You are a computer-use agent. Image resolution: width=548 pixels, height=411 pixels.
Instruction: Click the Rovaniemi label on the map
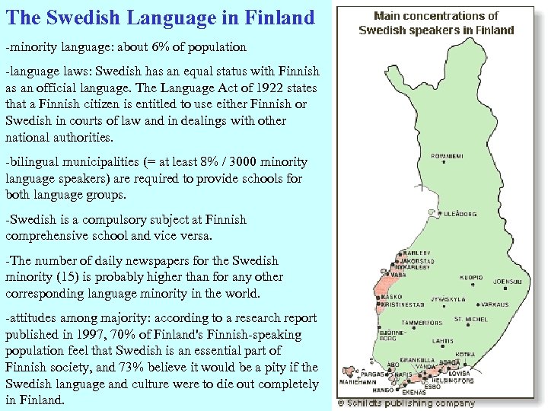(448, 156)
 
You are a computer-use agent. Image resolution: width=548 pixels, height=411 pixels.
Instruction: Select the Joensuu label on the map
(508, 282)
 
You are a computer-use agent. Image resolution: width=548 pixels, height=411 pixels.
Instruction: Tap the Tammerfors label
(422, 323)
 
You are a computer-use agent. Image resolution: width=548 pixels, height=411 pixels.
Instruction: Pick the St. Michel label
(471, 320)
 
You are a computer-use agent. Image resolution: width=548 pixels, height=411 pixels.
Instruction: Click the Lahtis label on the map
(443, 342)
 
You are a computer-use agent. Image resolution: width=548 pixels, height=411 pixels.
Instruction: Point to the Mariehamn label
(358, 384)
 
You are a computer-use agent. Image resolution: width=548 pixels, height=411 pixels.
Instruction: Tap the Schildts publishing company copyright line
(406, 403)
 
